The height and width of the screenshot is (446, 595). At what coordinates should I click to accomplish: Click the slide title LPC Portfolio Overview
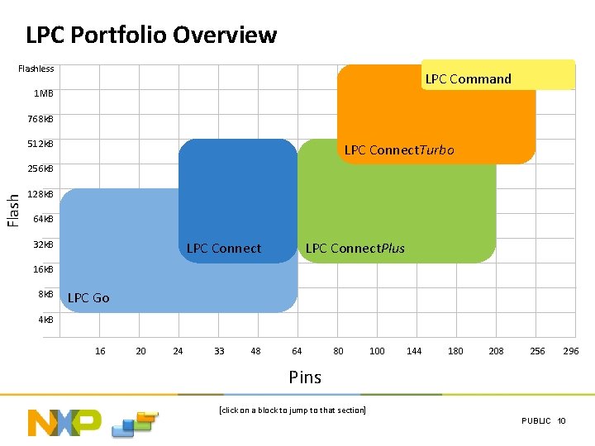tap(151, 36)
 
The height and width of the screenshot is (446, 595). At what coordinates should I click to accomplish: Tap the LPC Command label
tap(468, 79)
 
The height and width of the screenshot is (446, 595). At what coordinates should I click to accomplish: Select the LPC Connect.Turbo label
tap(398, 150)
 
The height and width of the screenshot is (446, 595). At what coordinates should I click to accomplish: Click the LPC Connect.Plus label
tap(355, 249)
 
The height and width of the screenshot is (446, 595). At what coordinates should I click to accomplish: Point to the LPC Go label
tap(88, 297)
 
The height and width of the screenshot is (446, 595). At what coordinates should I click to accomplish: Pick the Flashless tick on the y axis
tap(36, 69)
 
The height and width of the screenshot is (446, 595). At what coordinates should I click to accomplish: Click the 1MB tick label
tap(43, 93)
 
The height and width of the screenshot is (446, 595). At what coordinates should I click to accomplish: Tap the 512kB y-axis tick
tap(40, 144)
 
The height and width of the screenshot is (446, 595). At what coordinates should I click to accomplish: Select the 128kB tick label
tap(40, 195)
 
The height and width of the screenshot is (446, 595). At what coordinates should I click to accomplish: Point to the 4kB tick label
tap(45, 320)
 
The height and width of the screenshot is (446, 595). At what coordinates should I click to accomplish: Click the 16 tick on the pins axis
tap(100, 351)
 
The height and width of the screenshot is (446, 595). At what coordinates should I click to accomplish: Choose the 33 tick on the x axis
tap(219, 351)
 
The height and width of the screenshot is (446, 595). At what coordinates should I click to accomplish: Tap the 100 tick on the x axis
tap(377, 351)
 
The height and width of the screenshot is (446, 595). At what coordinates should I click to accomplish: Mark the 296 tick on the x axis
tap(571, 351)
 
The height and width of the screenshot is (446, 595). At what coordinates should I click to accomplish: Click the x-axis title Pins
tap(305, 377)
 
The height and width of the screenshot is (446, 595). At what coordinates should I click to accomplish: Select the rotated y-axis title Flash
tap(13, 210)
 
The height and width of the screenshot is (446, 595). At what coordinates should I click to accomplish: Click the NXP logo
tap(64, 422)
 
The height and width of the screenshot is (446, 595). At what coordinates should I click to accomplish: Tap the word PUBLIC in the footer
tap(536, 421)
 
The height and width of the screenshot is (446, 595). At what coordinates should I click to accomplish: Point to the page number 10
tap(562, 421)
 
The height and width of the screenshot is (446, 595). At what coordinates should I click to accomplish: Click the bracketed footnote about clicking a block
tap(292, 410)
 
